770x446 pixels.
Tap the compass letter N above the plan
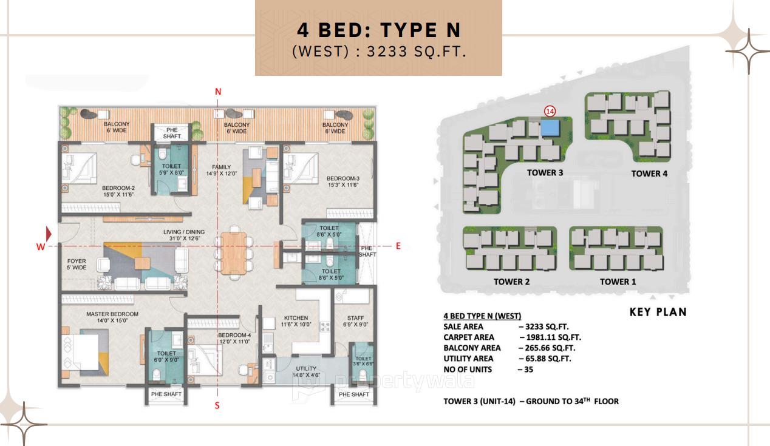pos(218,92)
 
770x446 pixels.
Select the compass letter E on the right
pos(398,246)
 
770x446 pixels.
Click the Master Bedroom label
pos(112,317)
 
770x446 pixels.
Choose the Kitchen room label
pos(296,321)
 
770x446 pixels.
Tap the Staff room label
pos(355,321)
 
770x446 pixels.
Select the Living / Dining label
pos(183,235)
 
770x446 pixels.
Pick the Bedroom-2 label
pos(118,191)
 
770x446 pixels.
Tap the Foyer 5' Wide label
pos(77,264)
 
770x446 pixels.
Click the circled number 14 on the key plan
pos(550,111)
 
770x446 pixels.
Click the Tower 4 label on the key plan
pos(649,174)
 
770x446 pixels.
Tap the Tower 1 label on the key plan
pos(618,282)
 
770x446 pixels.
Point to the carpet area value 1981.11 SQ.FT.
pos(550,337)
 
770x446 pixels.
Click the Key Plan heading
pos(658,312)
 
